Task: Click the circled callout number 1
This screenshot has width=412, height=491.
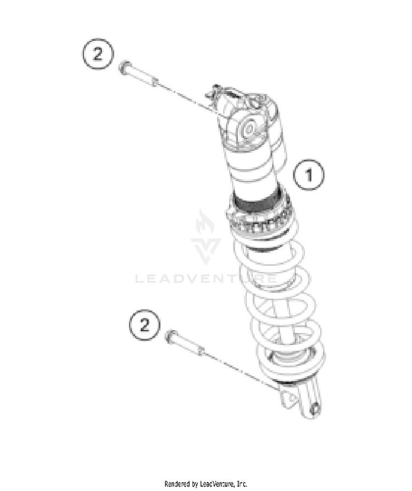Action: (x=309, y=175)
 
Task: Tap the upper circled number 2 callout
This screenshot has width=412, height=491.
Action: (x=98, y=54)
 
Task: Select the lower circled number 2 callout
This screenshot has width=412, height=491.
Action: (x=144, y=325)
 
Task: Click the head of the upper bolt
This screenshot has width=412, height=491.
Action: (x=124, y=66)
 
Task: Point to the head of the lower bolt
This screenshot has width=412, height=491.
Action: (x=171, y=336)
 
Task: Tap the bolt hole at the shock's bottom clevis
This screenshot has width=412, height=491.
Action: (x=315, y=409)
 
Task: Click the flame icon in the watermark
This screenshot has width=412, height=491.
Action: (x=205, y=222)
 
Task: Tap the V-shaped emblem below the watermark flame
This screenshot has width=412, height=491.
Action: (x=206, y=251)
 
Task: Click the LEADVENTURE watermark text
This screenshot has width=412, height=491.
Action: (x=206, y=278)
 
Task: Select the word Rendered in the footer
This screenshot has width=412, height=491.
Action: (x=178, y=484)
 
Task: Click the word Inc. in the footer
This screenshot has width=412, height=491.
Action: (x=242, y=484)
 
